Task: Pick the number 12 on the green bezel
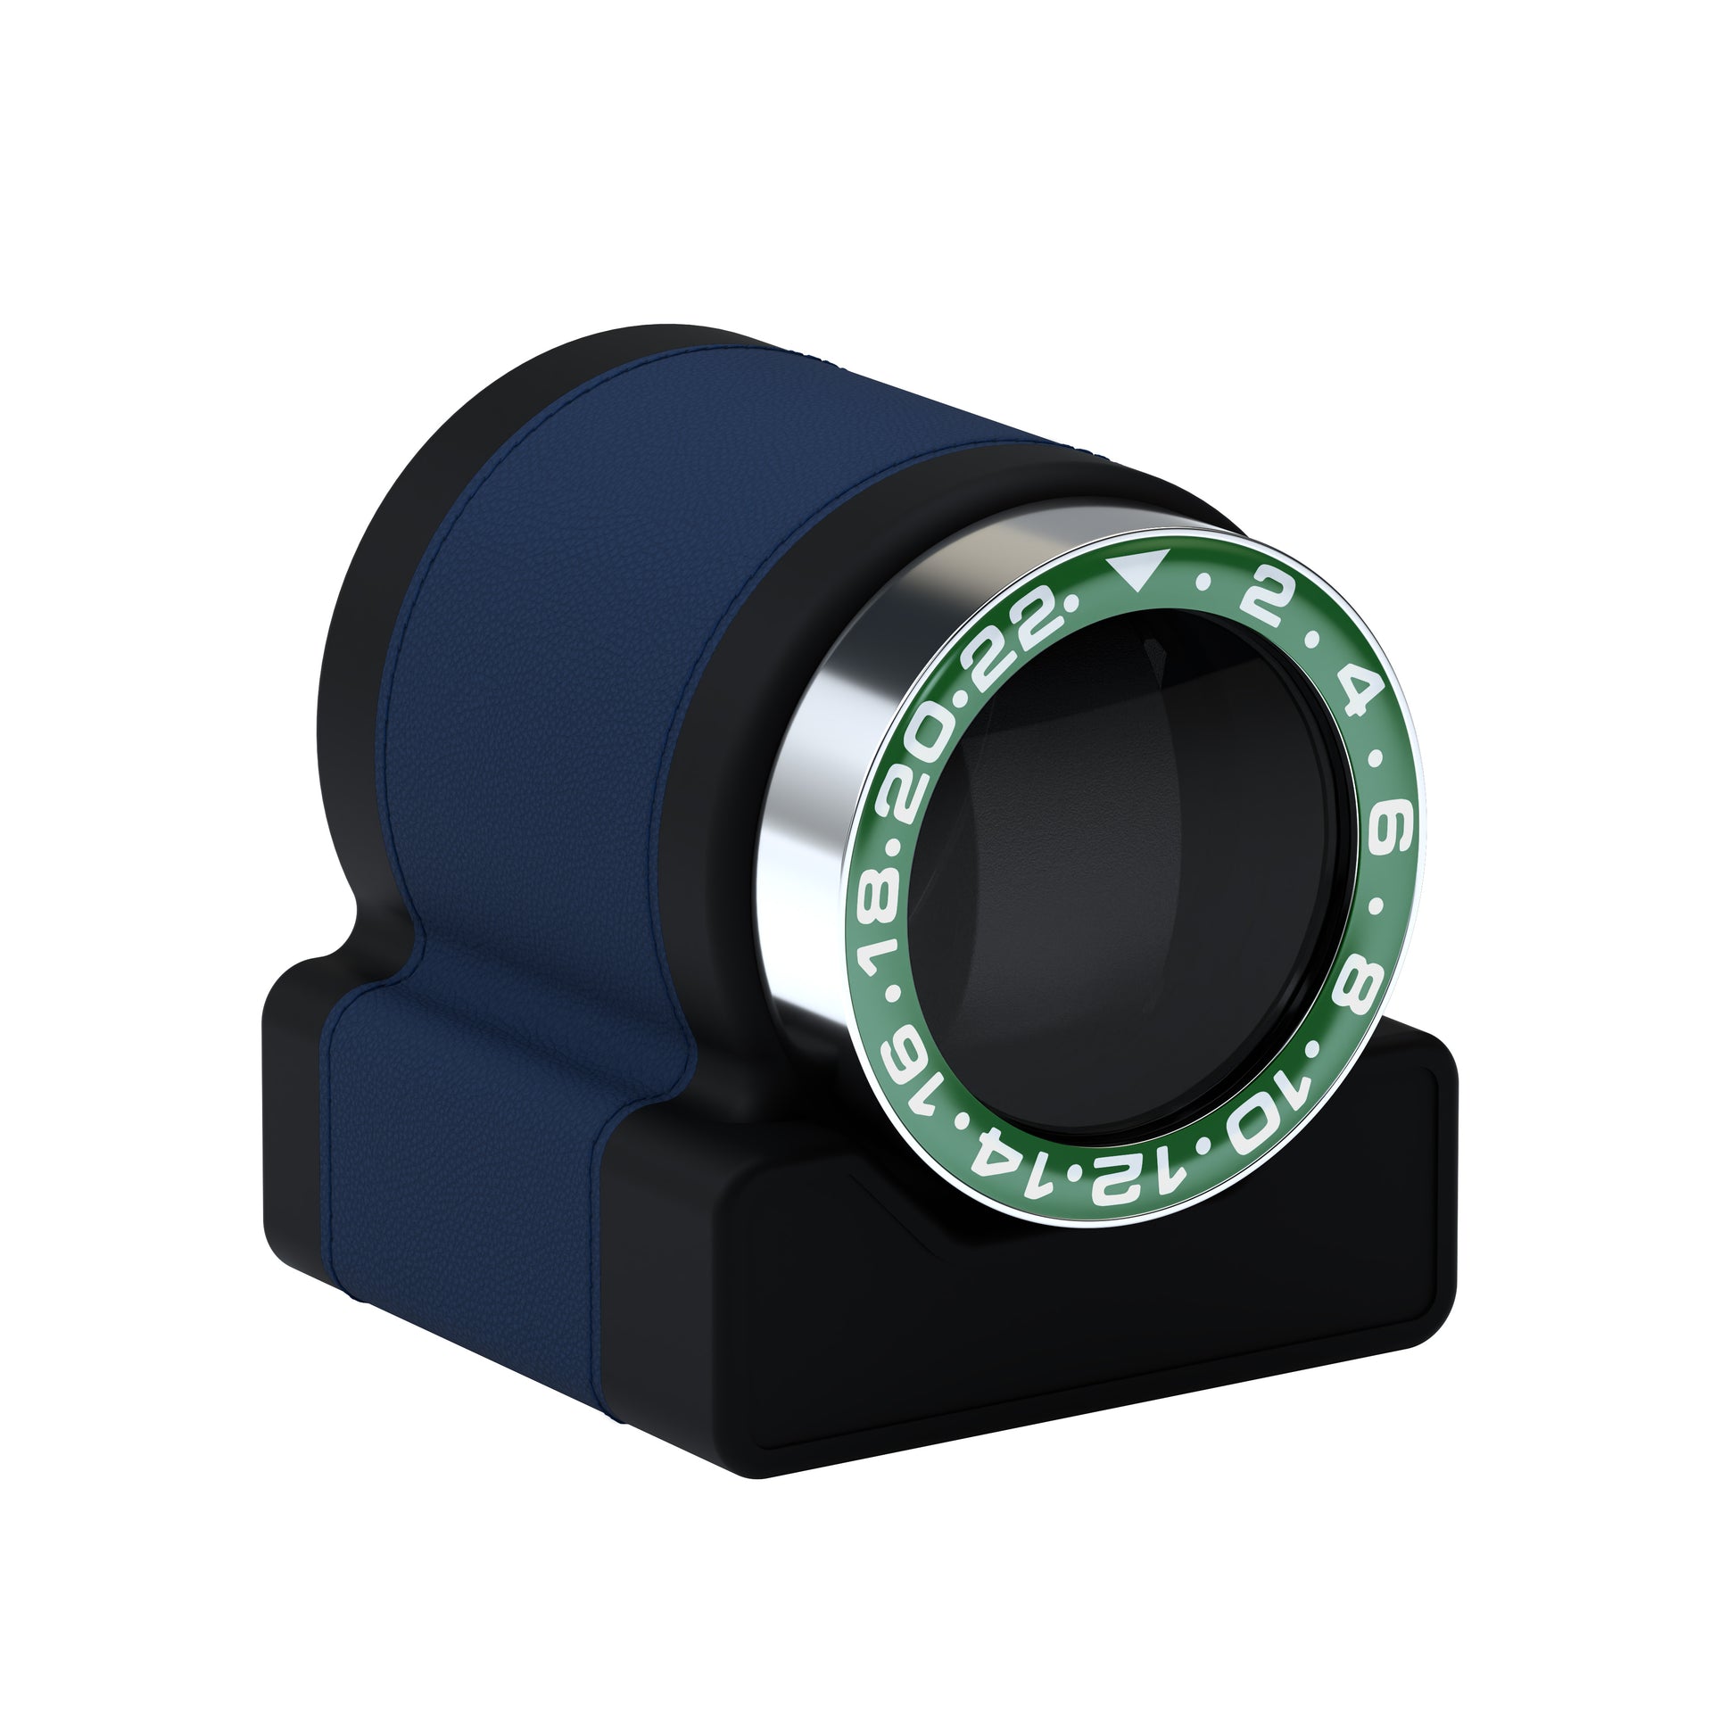(x=1115, y=1186)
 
